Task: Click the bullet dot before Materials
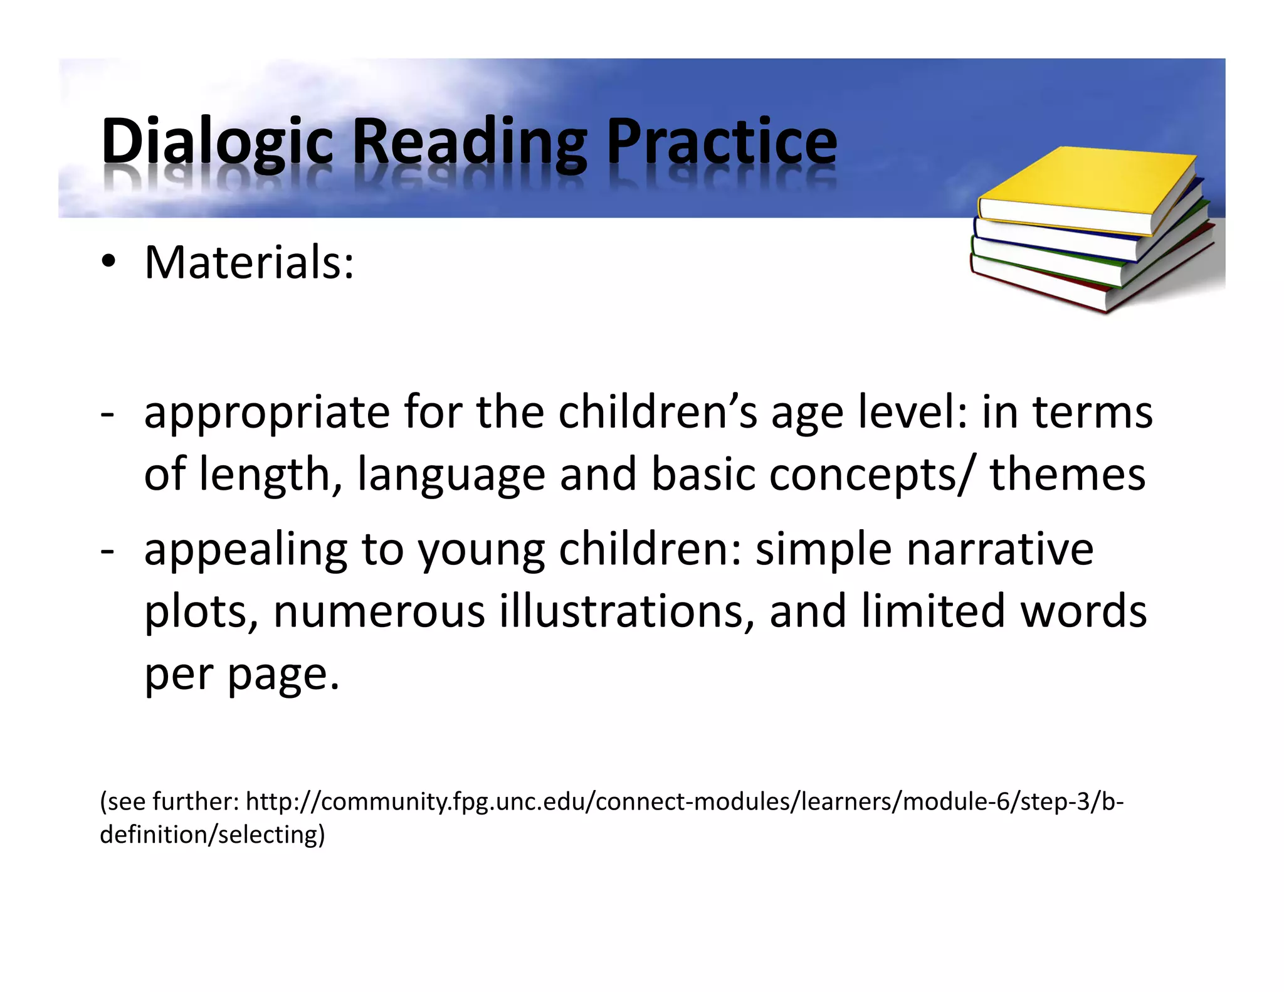coord(108,263)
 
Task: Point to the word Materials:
coord(250,262)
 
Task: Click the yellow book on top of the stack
coord(1088,188)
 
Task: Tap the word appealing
coord(246,550)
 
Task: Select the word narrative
coord(1000,549)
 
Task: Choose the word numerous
coord(379,612)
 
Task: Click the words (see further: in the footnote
coord(169,802)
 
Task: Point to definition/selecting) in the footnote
coord(213,835)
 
